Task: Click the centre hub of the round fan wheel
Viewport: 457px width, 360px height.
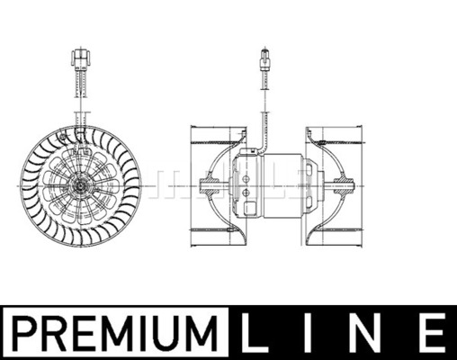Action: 82,186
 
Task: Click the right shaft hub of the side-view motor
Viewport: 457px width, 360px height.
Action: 343,186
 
